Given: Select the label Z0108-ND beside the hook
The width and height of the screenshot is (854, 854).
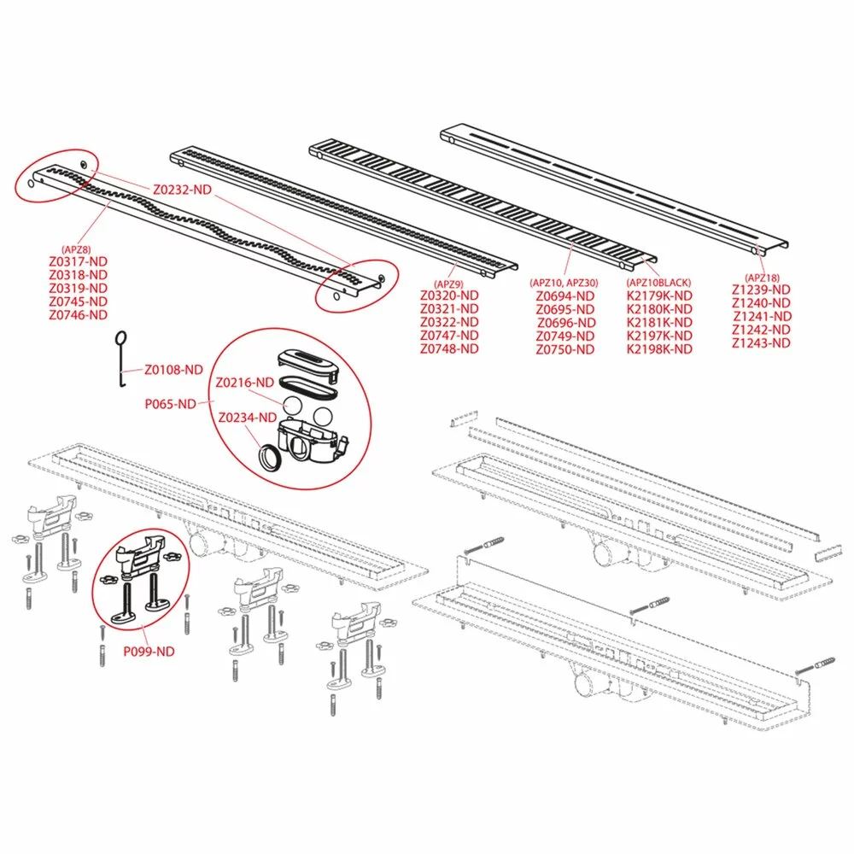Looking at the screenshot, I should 173,370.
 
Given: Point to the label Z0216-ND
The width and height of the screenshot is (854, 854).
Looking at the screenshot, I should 245,383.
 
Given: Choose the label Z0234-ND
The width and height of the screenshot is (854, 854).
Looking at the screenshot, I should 248,418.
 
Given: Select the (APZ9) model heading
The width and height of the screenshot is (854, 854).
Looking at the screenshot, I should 448,284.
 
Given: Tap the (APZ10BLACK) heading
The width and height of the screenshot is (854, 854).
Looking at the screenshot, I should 659,283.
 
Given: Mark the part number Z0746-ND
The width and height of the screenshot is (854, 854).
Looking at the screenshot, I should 78,314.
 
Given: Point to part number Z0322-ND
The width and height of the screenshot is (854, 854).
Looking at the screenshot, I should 449,322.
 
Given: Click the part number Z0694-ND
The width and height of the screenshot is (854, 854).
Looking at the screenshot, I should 566,295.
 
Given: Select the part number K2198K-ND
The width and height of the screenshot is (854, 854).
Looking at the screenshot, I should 659,348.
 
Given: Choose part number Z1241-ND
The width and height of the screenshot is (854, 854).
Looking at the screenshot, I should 761,316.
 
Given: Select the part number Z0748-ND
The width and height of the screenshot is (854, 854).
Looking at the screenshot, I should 449,348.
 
